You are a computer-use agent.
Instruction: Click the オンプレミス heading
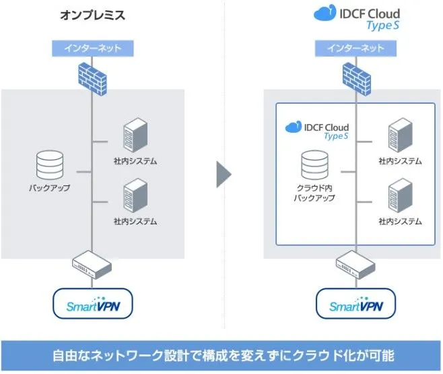point(93,15)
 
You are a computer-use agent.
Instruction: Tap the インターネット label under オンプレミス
point(93,49)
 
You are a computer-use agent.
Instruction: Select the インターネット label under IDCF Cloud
point(355,49)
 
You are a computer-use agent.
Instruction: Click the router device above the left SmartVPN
point(93,264)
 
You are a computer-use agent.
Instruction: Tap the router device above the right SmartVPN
point(355,264)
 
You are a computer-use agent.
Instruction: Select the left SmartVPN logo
point(93,305)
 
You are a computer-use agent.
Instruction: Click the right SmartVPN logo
point(355,305)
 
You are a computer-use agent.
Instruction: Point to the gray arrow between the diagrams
point(224,174)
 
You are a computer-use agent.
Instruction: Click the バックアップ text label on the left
point(49,188)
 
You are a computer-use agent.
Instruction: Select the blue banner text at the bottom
point(221,355)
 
